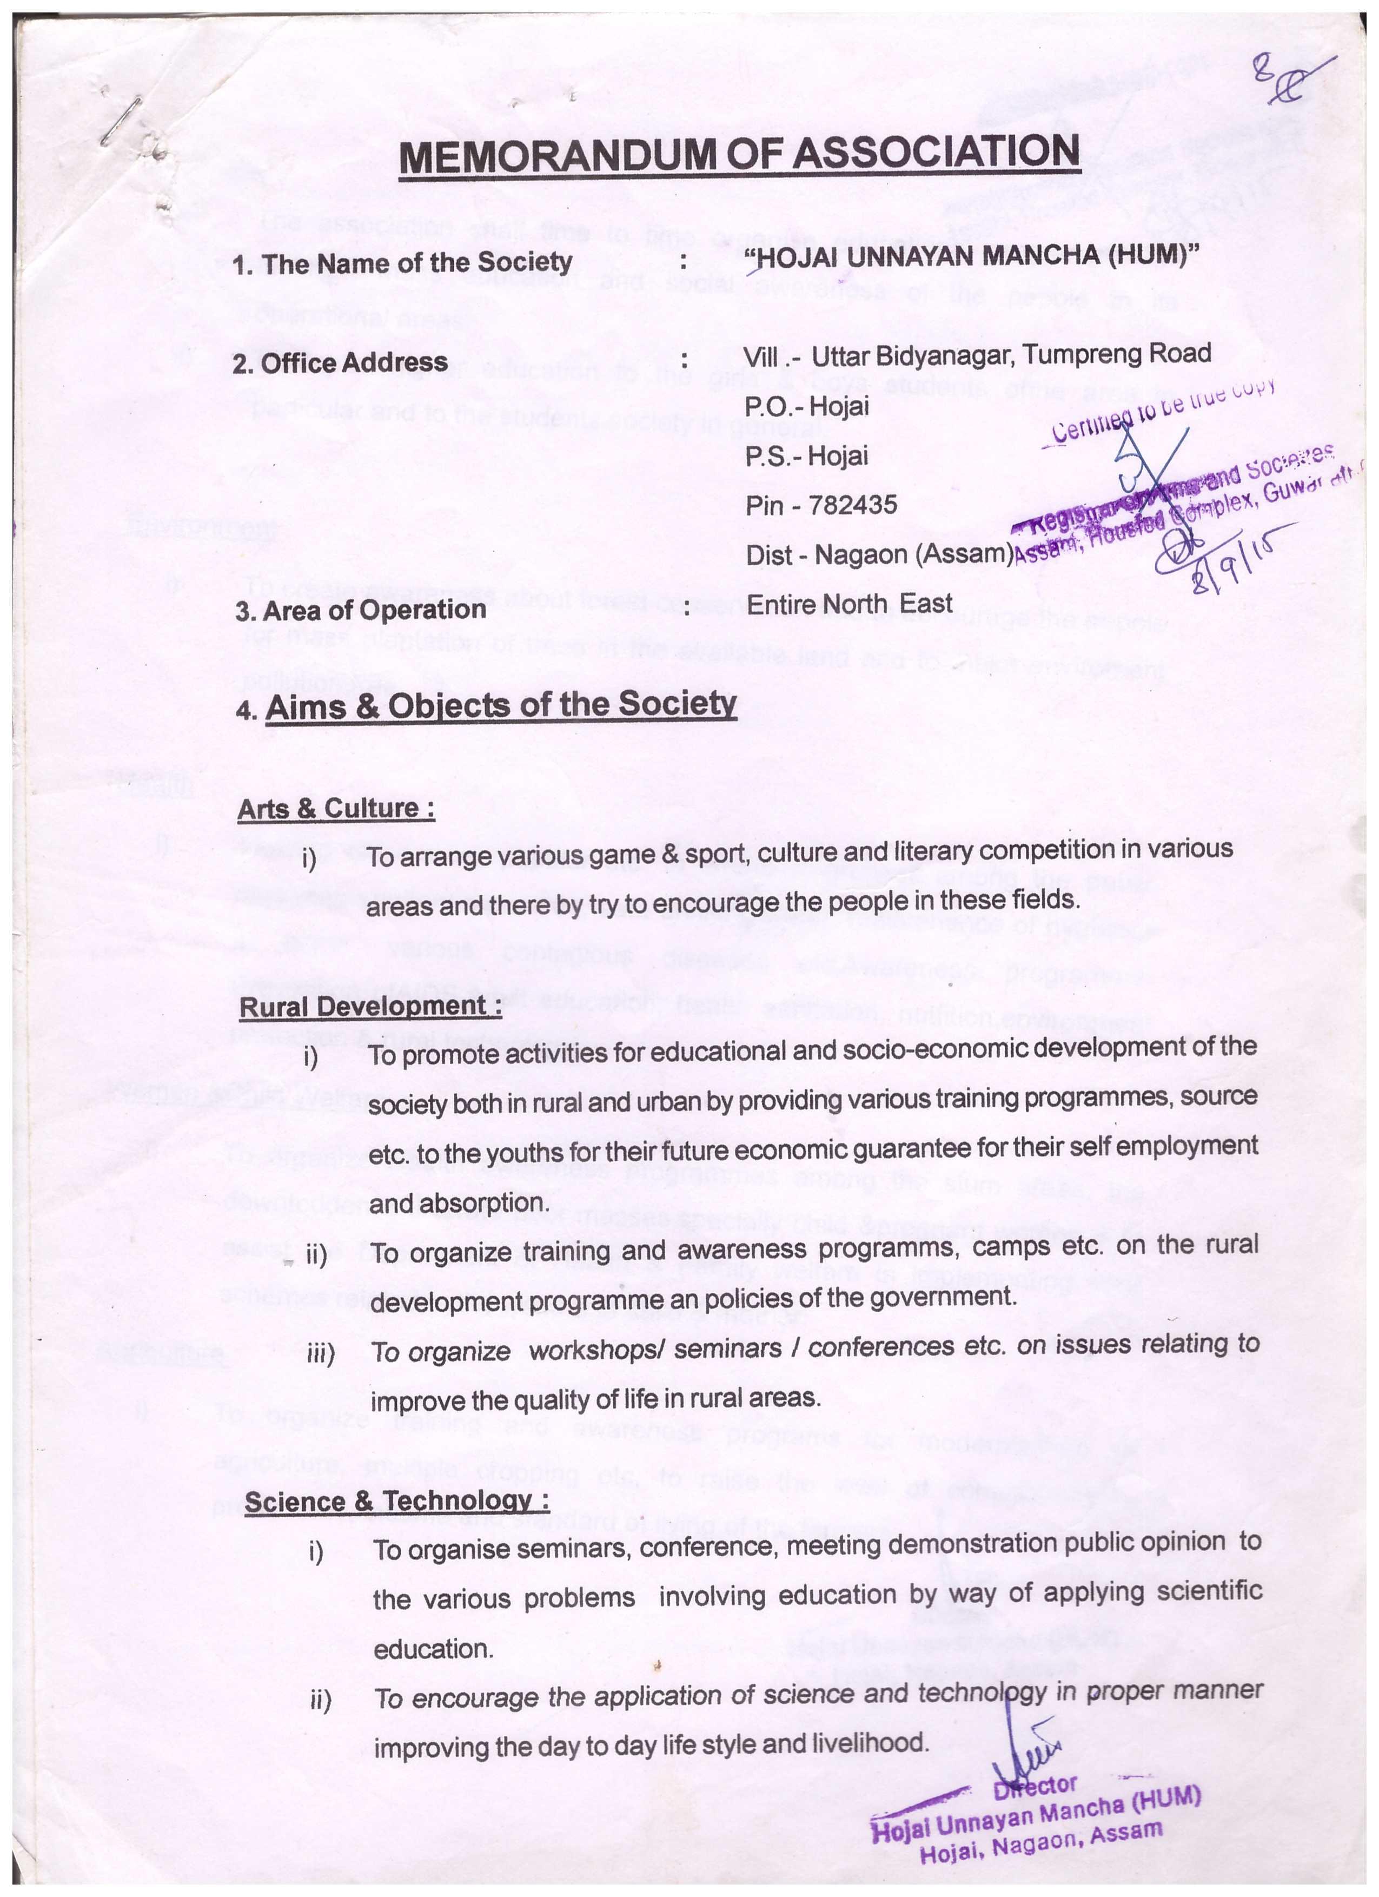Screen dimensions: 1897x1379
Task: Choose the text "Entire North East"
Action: (x=849, y=604)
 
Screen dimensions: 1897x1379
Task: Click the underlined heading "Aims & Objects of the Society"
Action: (x=500, y=706)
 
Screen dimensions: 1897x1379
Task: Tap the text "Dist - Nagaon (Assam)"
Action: (x=879, y=554)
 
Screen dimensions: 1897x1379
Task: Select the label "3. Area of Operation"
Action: (x=360, y=610)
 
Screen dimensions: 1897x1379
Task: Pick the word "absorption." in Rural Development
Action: (x=458, y=1204)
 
